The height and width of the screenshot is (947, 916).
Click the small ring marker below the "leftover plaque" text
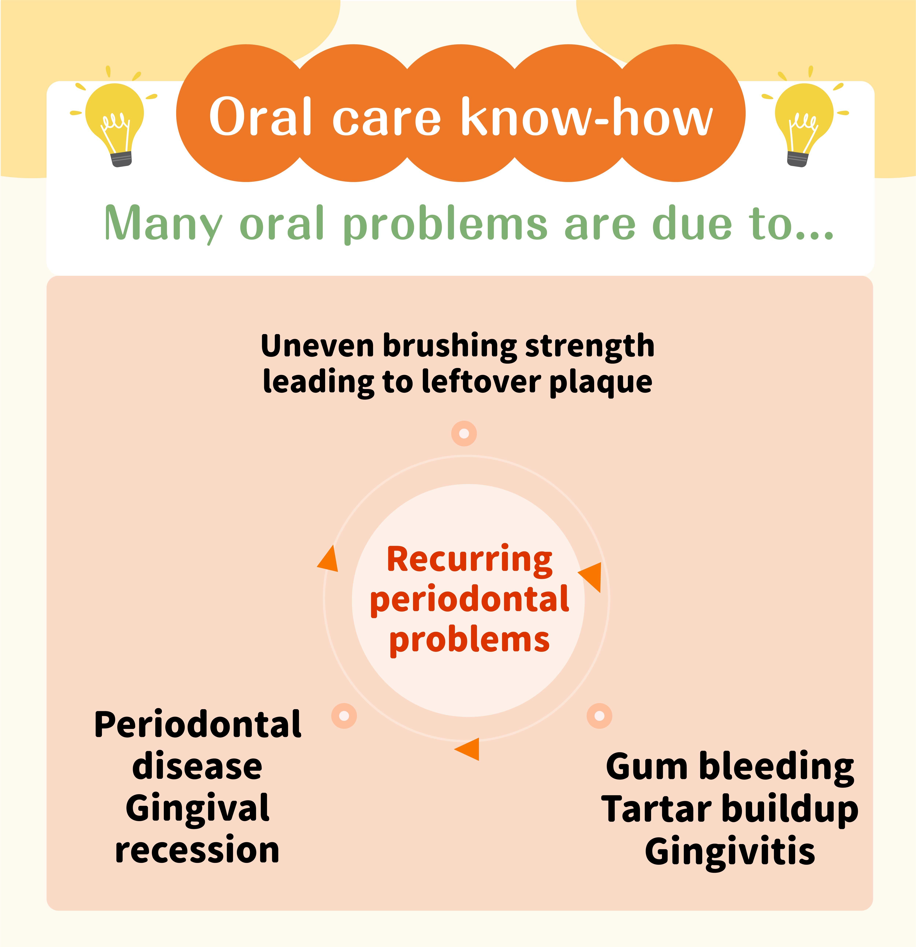click(464, 433)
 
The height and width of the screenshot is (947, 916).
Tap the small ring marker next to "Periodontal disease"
click(344, 716)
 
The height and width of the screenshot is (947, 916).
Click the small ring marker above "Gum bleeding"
click(599, 716)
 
